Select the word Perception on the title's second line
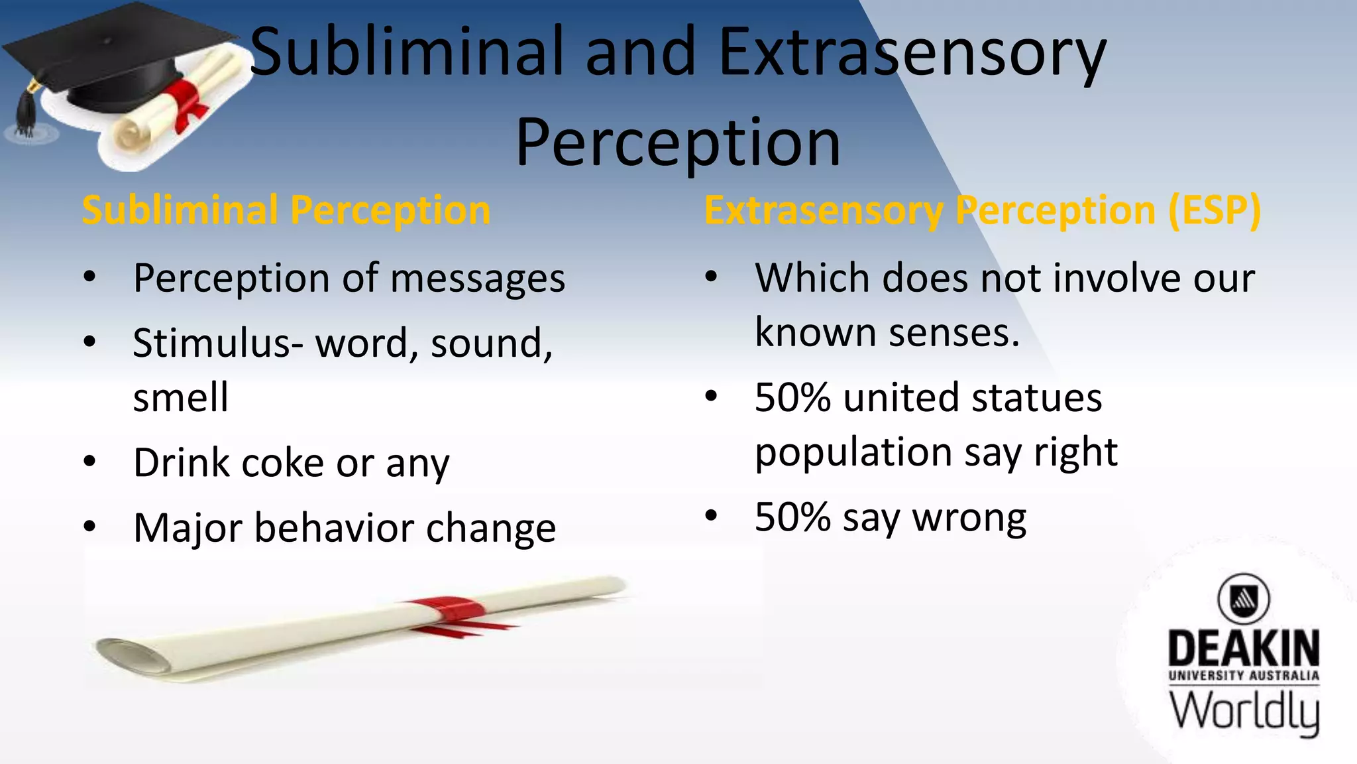pos(678,143)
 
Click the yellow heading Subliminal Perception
pos(286,211)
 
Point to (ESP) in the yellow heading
pos(1214,211)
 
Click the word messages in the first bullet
pos(478,279)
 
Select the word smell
pos(180,398)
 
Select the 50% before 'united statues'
pos(792,398)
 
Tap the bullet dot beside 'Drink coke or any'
pos(90,462)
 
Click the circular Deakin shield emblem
pos(1244,599)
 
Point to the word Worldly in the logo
pos(1244,711)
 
